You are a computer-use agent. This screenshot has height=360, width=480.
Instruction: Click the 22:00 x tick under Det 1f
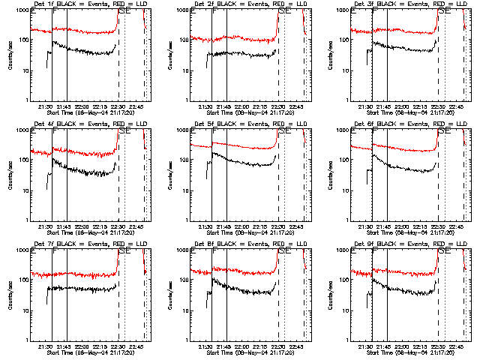(82, 106)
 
